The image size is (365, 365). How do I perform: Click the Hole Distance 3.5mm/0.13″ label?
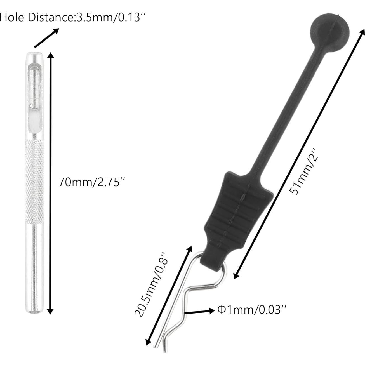coord(73,18)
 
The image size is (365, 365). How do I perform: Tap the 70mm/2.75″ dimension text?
coord(91,182)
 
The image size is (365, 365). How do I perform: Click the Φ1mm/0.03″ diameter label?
coord(252,310)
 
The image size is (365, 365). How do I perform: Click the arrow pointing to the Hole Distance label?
coord(46,38)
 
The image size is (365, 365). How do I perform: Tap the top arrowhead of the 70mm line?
coord(50,55)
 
